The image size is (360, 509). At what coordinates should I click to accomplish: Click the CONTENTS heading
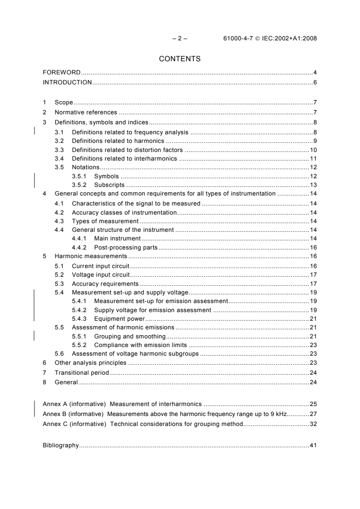[x=179, y=59]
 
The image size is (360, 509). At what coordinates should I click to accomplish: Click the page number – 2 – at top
[x=180, y=39]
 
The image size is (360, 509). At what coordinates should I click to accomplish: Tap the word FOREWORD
[x=61, y=73]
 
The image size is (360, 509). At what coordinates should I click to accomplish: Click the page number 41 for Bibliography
[x=313, y=445]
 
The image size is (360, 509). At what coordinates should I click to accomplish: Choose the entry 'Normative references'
[x=86, y=113]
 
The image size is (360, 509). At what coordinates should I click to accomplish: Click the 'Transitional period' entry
[x=82, y=372]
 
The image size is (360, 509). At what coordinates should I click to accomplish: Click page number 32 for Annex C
[x=313, y=424]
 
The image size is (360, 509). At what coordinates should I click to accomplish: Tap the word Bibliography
[x=60, y=445]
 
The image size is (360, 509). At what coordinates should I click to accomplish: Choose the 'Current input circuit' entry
[x=101, y=266]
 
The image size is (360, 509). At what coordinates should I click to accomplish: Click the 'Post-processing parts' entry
[x=126, y=248]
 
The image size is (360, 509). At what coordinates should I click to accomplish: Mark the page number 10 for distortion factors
[x=313, y=150]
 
